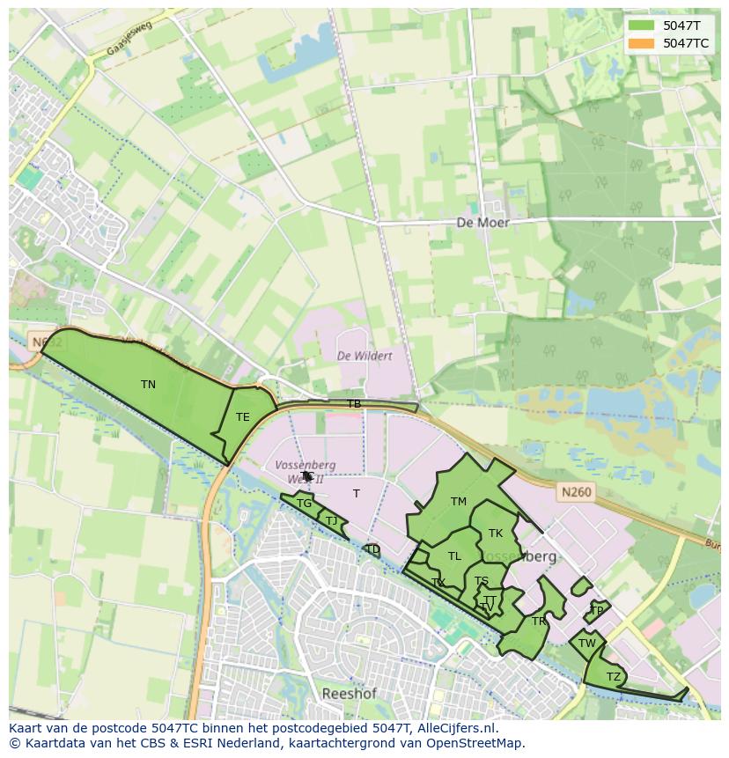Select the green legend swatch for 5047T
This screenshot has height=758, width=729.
pos(641,26)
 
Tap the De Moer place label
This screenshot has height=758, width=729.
pos(482,223)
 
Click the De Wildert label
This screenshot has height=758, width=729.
pos(364,356)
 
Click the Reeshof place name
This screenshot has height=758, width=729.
pos(349,694)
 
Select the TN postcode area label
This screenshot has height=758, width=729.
pos(148,385)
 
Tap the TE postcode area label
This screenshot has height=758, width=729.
pos(242,417)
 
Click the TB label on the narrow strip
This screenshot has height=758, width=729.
pos(354,404)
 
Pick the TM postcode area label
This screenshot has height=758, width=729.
pos(458,502)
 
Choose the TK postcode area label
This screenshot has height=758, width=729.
pos(495,534)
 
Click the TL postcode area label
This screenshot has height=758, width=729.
pos(454,556)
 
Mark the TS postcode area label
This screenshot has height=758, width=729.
pos(482,581)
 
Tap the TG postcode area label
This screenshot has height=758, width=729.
pos(304,504)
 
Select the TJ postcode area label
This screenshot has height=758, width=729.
pos(331,521)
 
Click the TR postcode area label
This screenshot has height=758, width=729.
pos(538,622)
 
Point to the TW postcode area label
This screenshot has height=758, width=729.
pos(587,644)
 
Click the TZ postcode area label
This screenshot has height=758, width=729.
pos(613,677)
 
